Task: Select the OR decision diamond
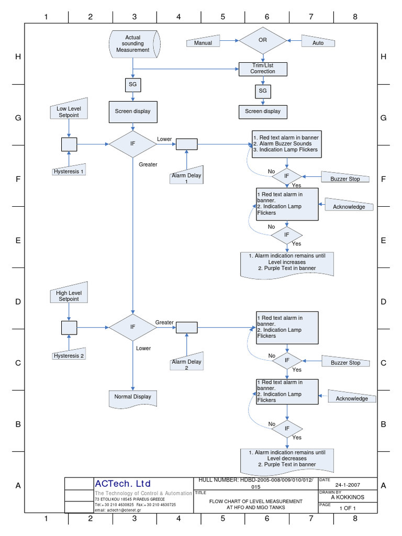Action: point(263,40)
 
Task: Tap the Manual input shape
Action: point(204,42)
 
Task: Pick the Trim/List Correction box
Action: point(263,68)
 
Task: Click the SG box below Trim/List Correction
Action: point(263,91)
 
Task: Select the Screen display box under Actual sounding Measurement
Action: point(133,111)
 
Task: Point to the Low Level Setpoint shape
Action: point(69,111)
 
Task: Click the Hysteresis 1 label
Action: point(69,171)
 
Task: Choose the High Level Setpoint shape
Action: point(69,296)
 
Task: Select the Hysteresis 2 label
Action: point(69,356)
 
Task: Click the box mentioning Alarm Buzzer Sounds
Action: point(286,143)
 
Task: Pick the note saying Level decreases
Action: point(287,459)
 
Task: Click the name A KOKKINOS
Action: point(348,497)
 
